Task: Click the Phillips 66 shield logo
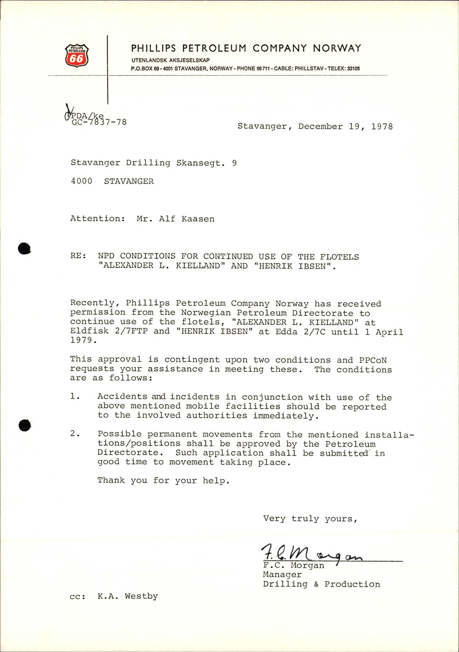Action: (76, 55)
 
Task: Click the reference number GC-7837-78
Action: (99, 122)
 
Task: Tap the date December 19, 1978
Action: (345, 127)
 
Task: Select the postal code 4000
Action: (81, 181)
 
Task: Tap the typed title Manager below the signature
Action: (282, 575)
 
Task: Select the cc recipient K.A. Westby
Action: (127, 596)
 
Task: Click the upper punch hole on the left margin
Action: (24, 249)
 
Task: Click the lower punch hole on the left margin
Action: (24, 425)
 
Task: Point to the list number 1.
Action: (73, 397)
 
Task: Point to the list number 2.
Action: (73, 434)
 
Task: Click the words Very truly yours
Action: (310, 519)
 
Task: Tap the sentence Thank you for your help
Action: (163, 481)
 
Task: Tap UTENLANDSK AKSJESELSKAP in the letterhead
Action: (171, 60)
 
